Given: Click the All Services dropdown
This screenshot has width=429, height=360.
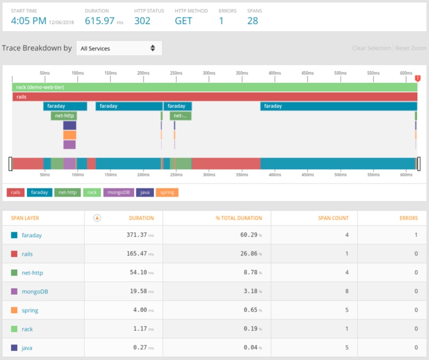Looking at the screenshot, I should [119, 48].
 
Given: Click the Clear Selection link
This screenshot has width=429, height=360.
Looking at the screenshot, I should [371, 48].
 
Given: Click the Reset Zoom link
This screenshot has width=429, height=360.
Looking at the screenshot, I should [411, 48].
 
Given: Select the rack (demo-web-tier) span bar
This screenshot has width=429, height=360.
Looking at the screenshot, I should [214, 87].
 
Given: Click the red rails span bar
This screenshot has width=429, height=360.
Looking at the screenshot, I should [214, 97].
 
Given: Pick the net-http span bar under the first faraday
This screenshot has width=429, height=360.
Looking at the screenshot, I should [64, 115].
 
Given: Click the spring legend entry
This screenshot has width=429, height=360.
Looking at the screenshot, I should [168, 192].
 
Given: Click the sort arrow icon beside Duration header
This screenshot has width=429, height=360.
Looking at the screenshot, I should [97, 218].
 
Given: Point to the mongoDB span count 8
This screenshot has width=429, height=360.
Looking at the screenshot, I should [346, 291].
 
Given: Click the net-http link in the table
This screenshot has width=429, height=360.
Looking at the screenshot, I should [33, 273].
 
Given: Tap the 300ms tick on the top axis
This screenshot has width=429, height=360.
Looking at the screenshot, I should [209, 72].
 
